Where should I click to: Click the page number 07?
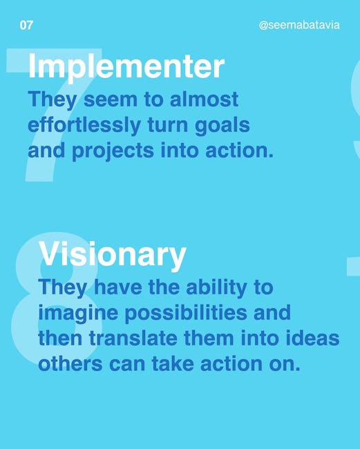click(26, 25)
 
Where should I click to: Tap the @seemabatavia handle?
click(299, 25)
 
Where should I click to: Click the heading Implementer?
click(126, 67)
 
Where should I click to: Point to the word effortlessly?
click(84, 125)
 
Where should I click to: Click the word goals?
click(222, 125)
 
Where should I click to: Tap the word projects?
click(113, 151)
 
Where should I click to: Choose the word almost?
click(204, 99)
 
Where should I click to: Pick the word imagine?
click(78, 314)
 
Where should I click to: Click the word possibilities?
click(186, 314)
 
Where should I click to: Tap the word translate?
click(133, 338)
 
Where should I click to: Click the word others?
click(70, 364)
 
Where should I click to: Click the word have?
click(117, 287)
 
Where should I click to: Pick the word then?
click(60, 338)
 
